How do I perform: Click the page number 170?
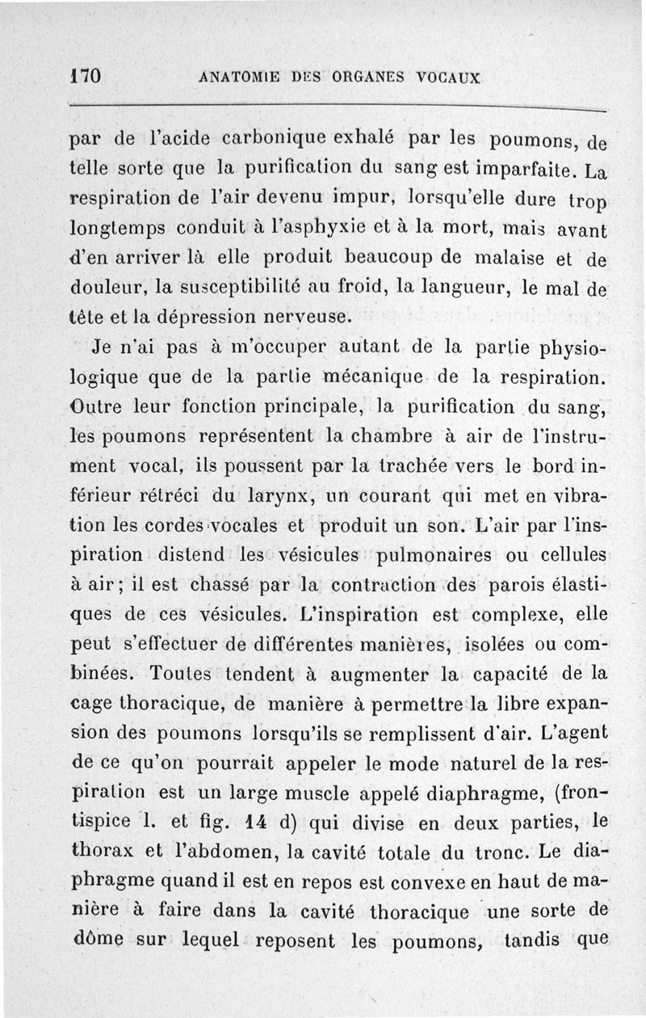[85, 77]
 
